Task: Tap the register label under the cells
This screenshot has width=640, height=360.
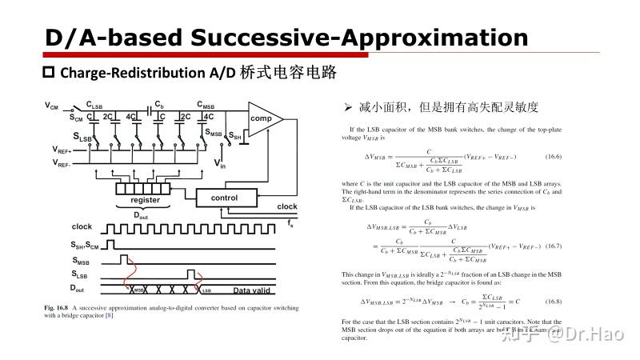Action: tap(145, 200)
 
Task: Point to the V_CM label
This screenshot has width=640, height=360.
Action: tap(52, 106)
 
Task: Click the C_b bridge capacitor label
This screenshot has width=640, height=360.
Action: tap(159, 104)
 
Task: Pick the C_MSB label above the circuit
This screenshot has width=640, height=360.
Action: tap(206, 104)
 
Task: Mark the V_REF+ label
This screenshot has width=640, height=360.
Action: tap(62, 150)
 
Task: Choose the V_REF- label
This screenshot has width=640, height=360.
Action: tap(62, 163)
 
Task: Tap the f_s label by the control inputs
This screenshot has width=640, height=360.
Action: tap(290, 224)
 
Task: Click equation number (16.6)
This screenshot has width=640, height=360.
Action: tap(555, 156)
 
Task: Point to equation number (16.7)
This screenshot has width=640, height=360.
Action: tap(555, 246)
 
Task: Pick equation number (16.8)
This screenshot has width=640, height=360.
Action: tap(555, 302)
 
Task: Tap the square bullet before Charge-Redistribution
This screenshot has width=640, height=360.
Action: tap(48, 73)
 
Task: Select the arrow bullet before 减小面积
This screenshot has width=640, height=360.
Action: tap(348, 106)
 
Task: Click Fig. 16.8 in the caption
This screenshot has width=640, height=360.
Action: tap(58, 307)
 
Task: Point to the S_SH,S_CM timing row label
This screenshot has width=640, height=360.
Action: tap(89, 243)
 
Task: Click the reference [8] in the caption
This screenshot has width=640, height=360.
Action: tap(110, 315)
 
